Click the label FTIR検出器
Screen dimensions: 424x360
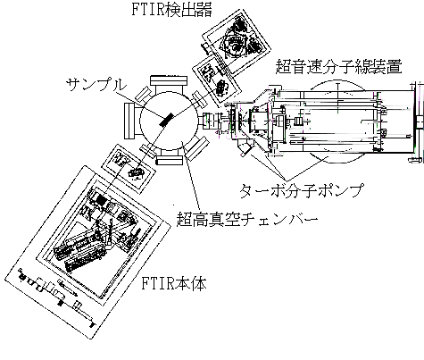coord(171,9)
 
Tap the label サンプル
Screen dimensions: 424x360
coord(96,85)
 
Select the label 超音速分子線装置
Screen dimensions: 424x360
coord(338,66)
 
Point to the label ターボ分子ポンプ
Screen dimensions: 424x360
coord(302,190)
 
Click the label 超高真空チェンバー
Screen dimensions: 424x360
coord(247,219)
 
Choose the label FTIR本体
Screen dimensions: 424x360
coord(173,283)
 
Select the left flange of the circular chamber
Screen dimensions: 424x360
coord(130,121)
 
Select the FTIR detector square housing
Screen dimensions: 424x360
coord(237,41)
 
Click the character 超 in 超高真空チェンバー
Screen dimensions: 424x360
coord(185,219)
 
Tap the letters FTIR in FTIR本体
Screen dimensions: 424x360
coord(157,283)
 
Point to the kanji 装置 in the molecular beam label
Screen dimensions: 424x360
coord(387,66)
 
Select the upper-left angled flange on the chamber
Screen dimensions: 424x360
coord(143,95)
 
